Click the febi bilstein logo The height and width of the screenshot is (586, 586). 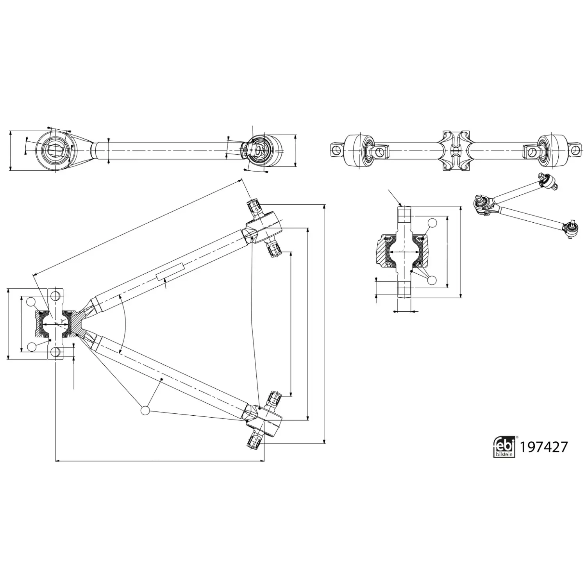(x=504, y=447)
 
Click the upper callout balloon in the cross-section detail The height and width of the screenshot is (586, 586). (x=432, y=223)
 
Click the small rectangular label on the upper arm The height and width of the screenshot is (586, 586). (x=170, y=272)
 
